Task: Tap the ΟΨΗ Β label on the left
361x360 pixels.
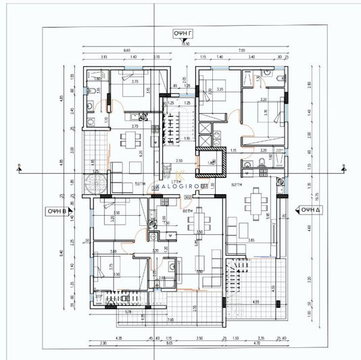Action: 57,210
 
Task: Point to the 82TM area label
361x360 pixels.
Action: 237,184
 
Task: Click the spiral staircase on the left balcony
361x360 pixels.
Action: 92,183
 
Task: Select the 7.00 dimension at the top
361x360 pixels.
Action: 240,51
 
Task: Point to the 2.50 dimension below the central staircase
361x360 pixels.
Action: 178,160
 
